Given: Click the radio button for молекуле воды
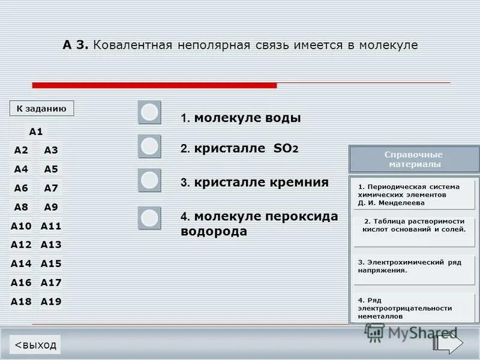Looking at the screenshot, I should coord(149,112).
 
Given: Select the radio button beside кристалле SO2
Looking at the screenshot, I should coord(149,146).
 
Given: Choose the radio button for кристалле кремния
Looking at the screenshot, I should coord(149,180).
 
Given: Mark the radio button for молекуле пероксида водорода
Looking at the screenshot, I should coord(149,218).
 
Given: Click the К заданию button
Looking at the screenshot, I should coord(41,108).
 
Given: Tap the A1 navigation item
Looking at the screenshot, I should coord(36,131).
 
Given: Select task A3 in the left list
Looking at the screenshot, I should coord(51,150).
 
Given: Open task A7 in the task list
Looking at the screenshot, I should coord(51,188).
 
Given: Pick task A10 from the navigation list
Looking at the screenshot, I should coord(21,226).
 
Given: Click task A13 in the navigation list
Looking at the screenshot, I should coord(51,245).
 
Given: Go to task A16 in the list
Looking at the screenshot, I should coord(21,283).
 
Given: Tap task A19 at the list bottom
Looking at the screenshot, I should coord(51,302).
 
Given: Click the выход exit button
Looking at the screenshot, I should coord(35,344).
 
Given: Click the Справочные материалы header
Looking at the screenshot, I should coord(414,159).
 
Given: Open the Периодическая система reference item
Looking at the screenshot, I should coord(414,194).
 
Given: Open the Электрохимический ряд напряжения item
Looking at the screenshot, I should coord(414,269).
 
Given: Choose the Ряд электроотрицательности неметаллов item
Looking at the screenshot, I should coord(414,308).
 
